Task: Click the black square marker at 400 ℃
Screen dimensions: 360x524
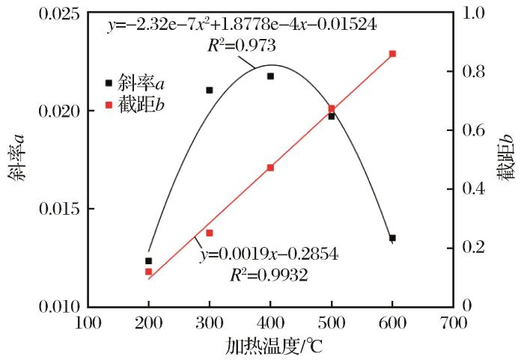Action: pos(270,76)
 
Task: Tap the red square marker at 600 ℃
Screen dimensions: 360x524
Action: pos(392,54)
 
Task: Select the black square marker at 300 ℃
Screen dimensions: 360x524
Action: pos(210,91)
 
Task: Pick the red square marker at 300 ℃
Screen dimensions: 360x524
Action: pos(210,234)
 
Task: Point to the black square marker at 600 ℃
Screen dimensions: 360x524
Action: pos(392,238)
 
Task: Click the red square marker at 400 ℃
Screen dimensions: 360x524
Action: pos(270,168)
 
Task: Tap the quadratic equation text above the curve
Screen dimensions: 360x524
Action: pos(241,25)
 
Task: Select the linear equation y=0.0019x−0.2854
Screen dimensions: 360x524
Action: pos(269,256)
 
